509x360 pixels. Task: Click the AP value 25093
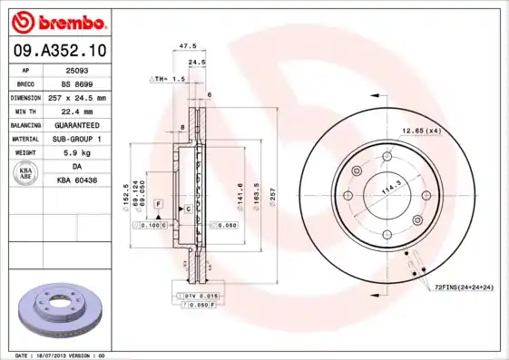coord(76,69)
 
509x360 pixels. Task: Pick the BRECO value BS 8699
coord(76,83)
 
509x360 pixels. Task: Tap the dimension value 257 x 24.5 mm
coord(76,97)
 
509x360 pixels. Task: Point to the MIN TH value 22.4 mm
coord(76,111)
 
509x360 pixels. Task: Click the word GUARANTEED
coord(76,124)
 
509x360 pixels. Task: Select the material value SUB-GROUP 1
coord(76,139)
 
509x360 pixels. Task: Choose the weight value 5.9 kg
coord(76,152)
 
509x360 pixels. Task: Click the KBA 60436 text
coord(76,180)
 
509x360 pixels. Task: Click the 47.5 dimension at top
coord(188,44)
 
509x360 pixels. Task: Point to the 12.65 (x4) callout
coord(420,131)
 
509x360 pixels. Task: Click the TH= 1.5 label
coord(170,80)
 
